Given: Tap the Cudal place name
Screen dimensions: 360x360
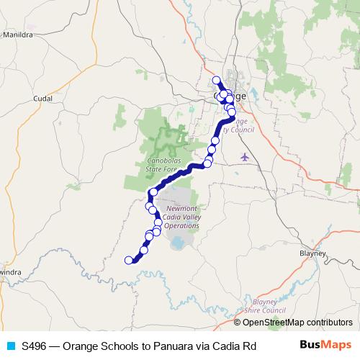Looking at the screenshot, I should coord(43,98).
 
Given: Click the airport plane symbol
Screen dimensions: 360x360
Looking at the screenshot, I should coord(246,156).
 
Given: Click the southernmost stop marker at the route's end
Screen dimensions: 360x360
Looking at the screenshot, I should coord(130,260).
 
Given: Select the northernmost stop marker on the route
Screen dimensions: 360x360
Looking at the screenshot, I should coord(216,80).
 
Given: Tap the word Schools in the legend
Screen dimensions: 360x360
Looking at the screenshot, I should coord(115,346).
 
